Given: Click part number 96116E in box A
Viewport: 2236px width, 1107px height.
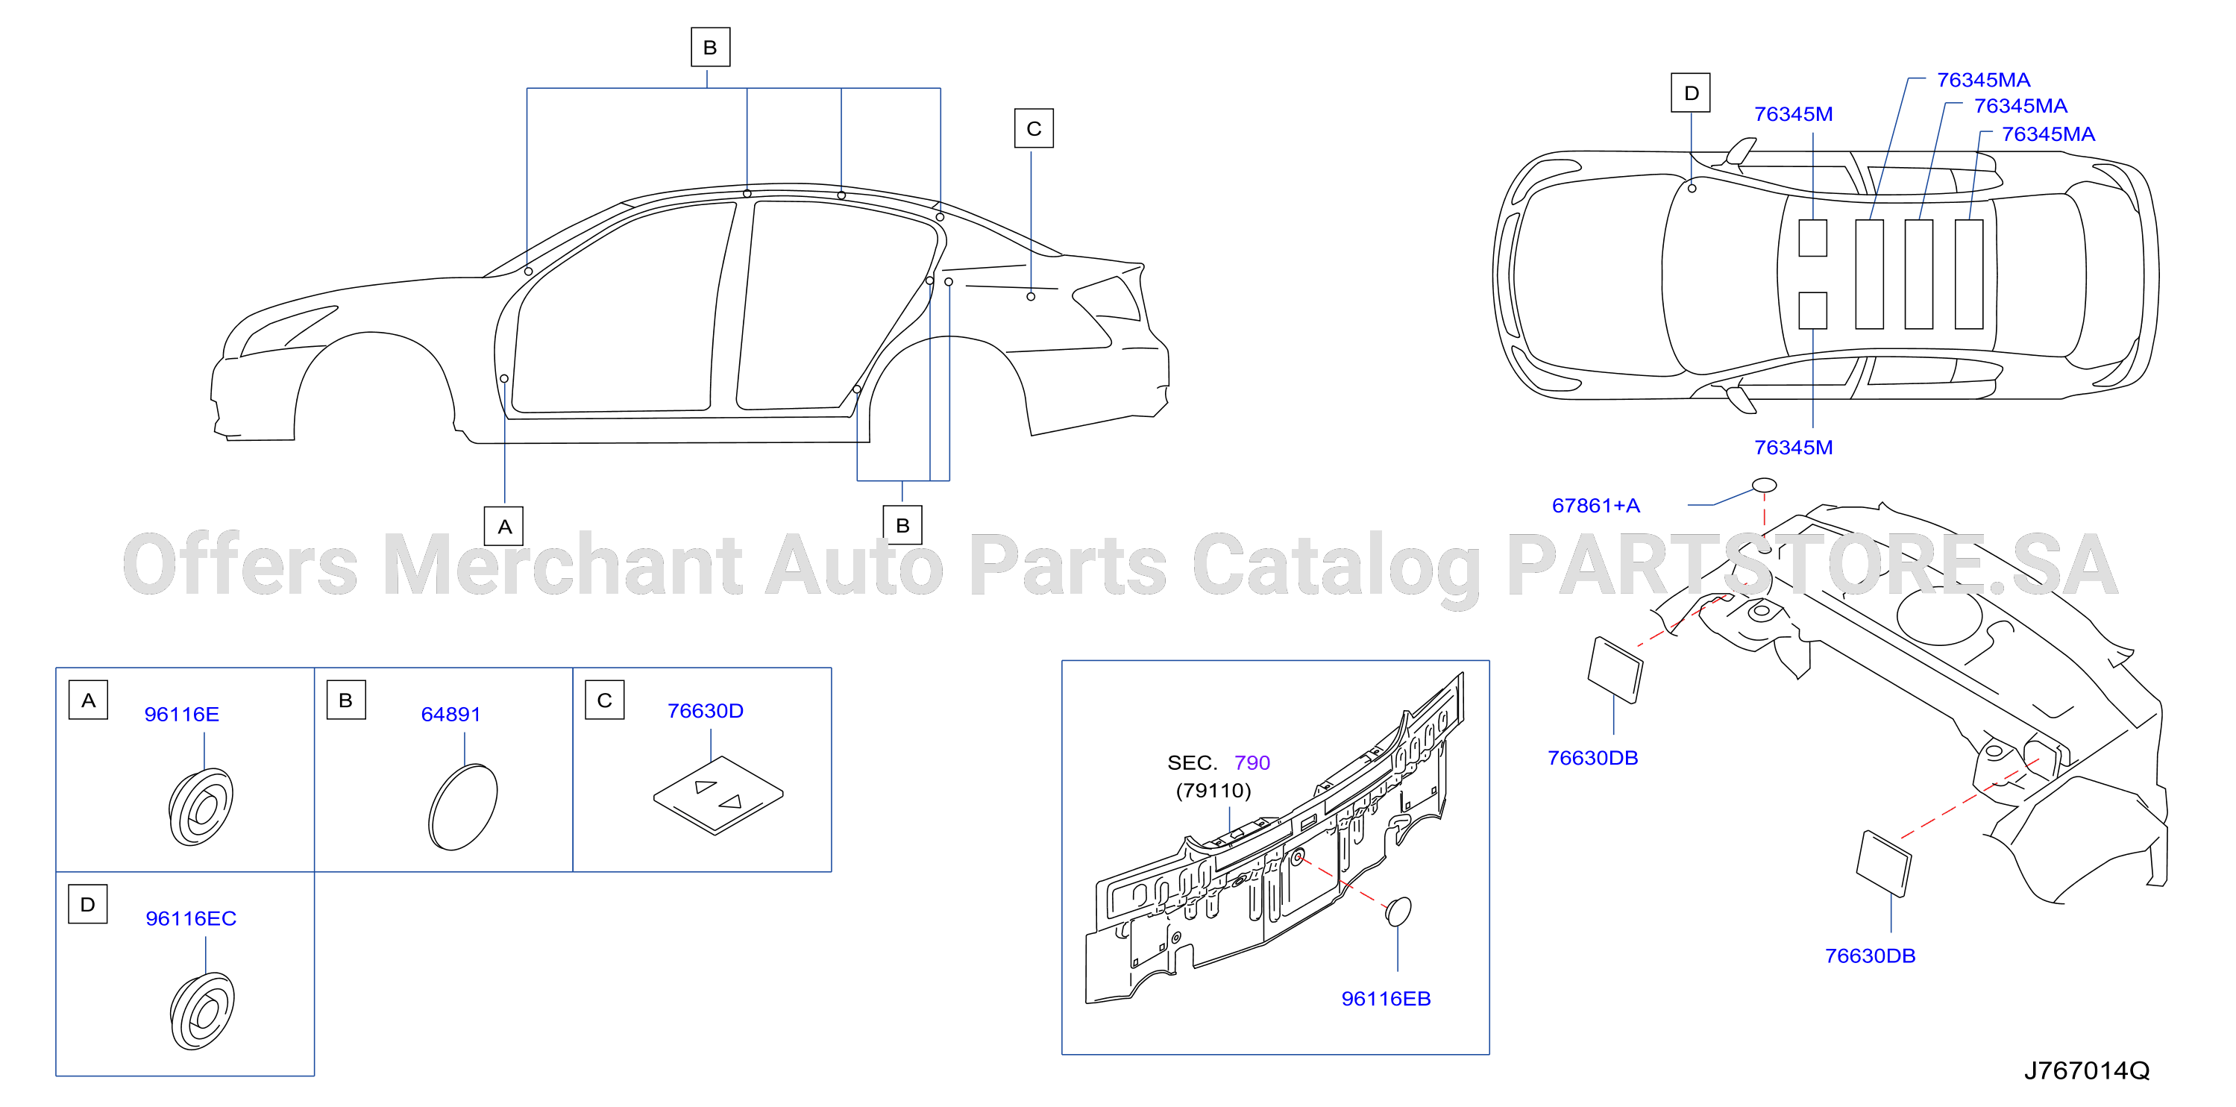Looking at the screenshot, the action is coord(181,715).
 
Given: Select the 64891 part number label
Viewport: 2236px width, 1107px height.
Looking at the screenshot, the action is coord(450,715).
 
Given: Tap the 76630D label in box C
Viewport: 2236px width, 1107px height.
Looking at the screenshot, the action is coord(705,711).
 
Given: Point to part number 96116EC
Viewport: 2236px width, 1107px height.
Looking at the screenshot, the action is coord(191,918).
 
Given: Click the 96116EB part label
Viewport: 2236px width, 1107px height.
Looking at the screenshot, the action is coord(1386,999).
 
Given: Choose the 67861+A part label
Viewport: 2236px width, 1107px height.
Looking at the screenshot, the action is coord(1595,505).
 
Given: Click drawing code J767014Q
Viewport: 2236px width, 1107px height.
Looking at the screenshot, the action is coord(2087,1070).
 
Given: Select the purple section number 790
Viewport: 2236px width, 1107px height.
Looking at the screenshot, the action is coord(1252,763).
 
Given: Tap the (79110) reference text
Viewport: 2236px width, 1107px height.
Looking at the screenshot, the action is coord(1213,791).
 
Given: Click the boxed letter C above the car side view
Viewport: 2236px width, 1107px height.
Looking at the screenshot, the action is coord(1034,128).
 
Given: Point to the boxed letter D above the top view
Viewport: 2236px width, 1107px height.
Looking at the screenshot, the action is coord(1691,93).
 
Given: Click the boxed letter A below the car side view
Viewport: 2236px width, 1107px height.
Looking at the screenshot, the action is coord(504,526).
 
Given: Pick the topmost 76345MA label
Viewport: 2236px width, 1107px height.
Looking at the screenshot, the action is coord(1983,80).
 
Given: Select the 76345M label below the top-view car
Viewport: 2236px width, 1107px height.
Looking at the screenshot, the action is coord(1793,448).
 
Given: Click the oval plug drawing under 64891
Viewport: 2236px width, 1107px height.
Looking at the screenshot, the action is coord(463,807).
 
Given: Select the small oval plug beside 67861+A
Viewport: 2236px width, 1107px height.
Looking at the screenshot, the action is coord(1764,486).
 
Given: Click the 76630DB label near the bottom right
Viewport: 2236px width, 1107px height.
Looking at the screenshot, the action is coord(1870,956).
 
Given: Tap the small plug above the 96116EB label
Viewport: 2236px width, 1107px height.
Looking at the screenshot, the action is coord(1398,912).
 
